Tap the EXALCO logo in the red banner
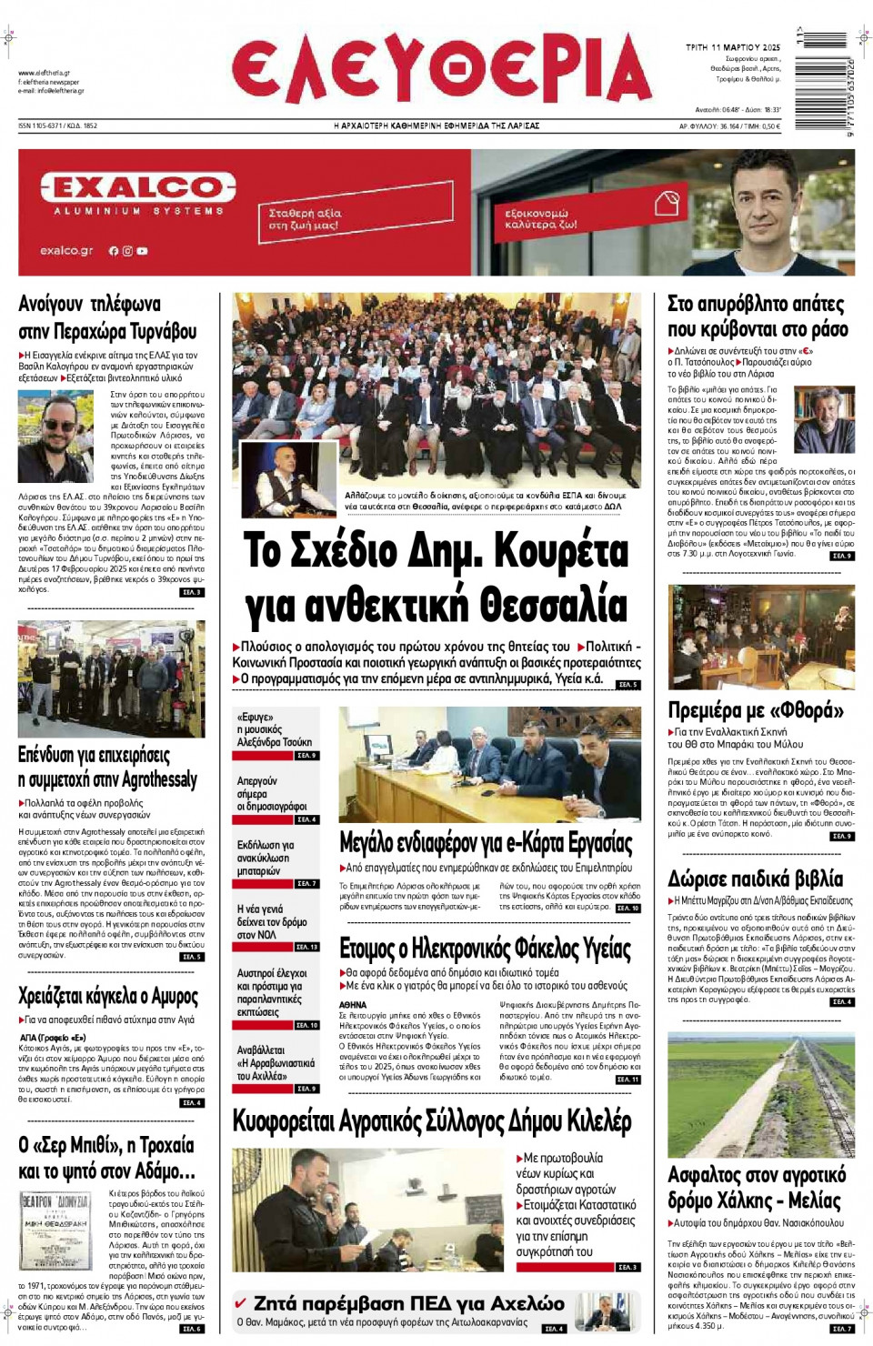point(138,188)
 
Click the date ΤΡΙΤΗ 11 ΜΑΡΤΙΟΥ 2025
point(732,46)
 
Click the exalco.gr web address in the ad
point(66,251)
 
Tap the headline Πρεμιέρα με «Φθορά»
point(755,709)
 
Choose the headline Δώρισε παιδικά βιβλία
point(755,879)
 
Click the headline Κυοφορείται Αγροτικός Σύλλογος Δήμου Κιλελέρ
point(432,1121)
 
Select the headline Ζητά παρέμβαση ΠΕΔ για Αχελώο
point(408,1303)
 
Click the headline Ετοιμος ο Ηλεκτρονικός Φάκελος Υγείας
point(485,949)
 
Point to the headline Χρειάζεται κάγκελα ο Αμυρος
point(107,996)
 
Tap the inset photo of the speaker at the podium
point(288,478)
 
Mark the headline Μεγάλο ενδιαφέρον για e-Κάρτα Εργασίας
point(486,842)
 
